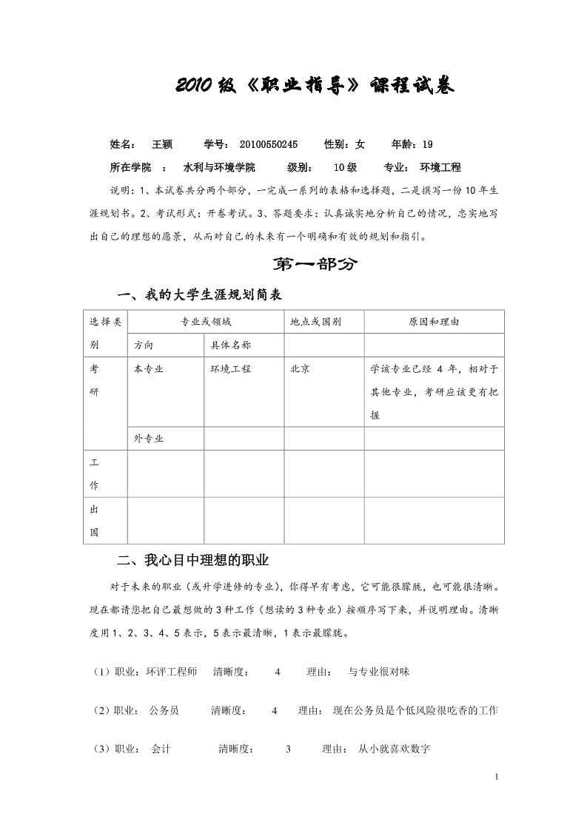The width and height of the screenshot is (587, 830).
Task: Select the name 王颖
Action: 162,144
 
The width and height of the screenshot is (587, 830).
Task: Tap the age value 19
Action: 427,144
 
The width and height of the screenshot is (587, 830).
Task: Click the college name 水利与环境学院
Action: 219,167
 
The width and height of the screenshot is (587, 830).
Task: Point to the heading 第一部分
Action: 315,265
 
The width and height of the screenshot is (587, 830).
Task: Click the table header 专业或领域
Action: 206,322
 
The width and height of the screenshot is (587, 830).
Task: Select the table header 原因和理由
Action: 434,322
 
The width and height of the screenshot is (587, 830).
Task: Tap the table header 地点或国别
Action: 316,322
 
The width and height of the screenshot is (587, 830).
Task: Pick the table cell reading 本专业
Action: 149,368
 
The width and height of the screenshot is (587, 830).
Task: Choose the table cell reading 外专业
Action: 149,438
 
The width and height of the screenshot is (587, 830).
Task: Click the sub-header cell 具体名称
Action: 231,345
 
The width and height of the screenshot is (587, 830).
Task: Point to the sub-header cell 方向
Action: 144,345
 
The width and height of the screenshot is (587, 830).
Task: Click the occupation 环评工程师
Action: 172,672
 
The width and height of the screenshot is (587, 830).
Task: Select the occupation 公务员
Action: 164,711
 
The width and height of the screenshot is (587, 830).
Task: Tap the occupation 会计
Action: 161,749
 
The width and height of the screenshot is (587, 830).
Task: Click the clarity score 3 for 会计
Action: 288,749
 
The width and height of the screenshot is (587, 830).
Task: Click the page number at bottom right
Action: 496,777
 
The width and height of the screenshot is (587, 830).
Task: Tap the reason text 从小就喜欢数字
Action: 394,749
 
